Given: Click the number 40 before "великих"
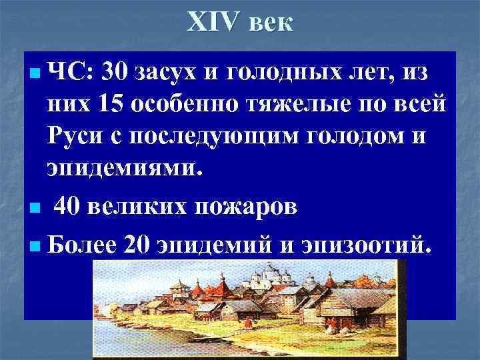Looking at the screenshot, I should pos(69,207).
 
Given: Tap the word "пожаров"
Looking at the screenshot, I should pos(249,207).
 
